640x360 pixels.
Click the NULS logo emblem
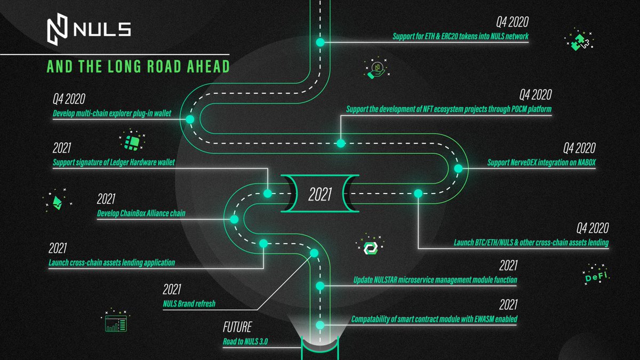click(58, 29)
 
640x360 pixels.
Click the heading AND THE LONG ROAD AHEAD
click(138, 66)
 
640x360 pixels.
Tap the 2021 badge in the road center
click(320, 194)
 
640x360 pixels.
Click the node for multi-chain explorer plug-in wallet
click(190, 119)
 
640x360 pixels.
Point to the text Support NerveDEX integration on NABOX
click(541, 163)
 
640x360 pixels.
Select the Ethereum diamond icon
click(58, 201)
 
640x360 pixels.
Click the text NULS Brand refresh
click(189, 303)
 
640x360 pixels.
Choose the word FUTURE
click(237, 327)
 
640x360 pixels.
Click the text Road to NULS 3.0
click(245, 341)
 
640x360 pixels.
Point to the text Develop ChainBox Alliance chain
click(141, 213)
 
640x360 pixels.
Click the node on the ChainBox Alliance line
click(234, 219)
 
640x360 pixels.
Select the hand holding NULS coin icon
click(377, 69)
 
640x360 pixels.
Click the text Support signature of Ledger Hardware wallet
click(114, 163)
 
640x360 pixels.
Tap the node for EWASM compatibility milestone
click(320, 325)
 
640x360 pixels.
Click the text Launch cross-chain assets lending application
click(111, 262)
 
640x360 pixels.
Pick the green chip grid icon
click(132, 141)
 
